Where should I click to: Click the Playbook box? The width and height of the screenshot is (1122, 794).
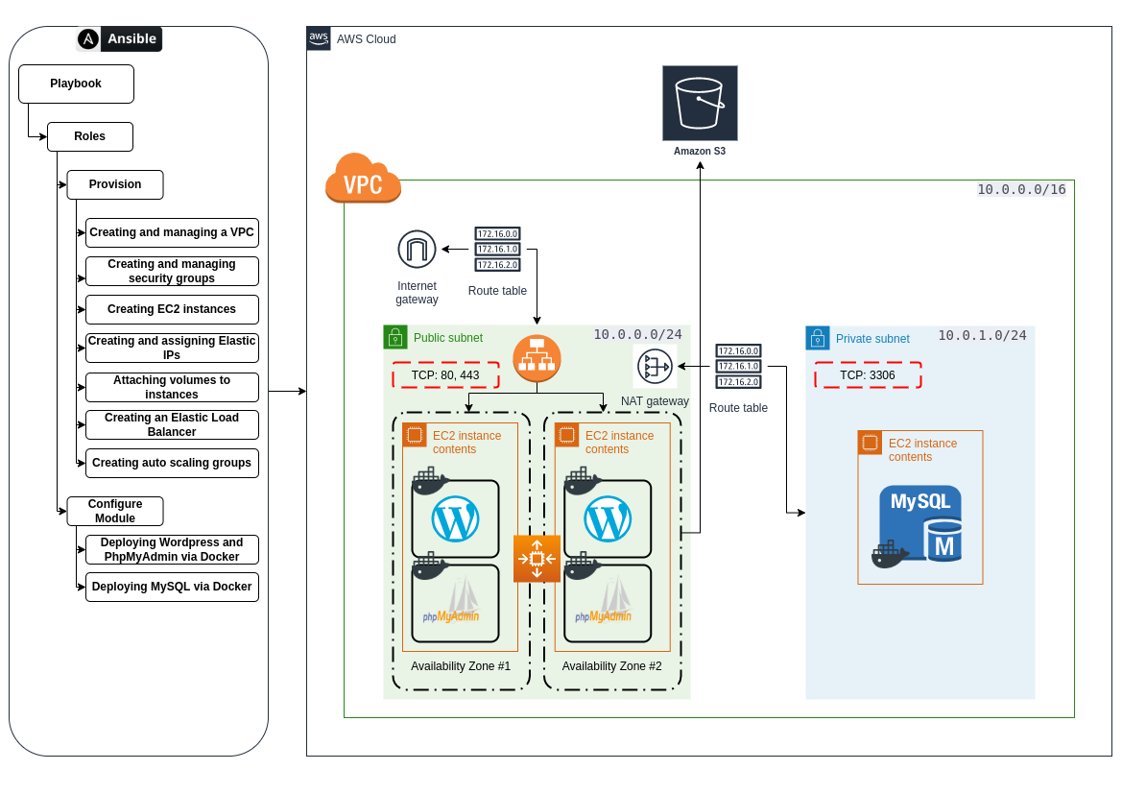[x=76, y=84]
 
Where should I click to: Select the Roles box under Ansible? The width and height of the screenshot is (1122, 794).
[x=89, y=136]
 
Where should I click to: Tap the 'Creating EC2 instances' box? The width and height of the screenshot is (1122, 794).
[x=172, y=309]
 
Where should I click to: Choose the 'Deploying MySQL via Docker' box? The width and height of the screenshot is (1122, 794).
[x=172, y=587]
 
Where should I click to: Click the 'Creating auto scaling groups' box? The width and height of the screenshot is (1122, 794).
[x=172, y=463]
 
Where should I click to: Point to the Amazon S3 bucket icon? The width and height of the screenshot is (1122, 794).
[x=700, y=103]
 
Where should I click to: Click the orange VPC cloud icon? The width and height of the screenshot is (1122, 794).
[x=363, y=179]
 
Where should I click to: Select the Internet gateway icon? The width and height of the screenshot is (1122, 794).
[x=417, y=250]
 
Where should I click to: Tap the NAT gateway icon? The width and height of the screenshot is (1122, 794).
[x=655, y=367]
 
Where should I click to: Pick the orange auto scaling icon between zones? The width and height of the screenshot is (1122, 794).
[x=537, y=559]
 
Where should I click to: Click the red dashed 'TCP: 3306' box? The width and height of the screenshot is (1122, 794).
[x=868, y=375]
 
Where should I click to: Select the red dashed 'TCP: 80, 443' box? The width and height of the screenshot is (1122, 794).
[x=445, y=375]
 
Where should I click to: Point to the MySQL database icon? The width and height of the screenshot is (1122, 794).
[x=919, y=524]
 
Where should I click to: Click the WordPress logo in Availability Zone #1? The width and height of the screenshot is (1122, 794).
[x=455, y=519]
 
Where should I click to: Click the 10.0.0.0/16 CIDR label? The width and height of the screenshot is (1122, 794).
[x=1021, y=189]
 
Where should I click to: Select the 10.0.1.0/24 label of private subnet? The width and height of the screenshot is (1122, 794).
[x=982, y=335]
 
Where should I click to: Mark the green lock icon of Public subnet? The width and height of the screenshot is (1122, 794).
[x=395, y=337]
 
